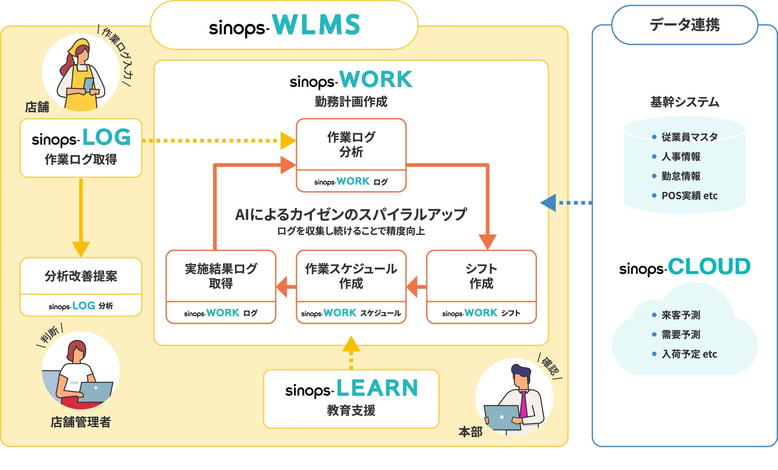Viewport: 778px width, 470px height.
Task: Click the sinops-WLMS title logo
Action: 284,25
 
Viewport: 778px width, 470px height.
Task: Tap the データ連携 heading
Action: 684,25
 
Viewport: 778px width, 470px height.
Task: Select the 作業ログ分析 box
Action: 351,155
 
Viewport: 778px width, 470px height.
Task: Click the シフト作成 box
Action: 481,287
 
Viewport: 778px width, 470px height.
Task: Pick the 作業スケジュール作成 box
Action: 351,287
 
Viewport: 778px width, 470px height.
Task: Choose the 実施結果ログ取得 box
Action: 221,287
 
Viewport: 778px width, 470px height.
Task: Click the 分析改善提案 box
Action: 81,287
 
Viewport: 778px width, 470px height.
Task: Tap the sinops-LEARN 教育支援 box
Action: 351,399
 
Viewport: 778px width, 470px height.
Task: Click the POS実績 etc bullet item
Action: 689,196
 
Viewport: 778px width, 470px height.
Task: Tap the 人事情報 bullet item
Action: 681,157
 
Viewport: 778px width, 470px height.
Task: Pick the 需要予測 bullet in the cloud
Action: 681,335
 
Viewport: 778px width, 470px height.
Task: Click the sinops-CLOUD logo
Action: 685,267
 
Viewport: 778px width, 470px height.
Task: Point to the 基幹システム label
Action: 685,102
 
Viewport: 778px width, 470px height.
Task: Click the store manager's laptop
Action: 96,392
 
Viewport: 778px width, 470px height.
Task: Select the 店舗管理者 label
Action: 81,422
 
